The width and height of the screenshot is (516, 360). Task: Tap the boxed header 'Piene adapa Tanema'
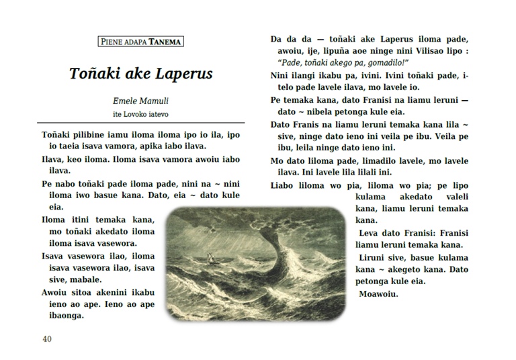coord(140,42)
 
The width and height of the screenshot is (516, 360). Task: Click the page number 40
coord(46,339)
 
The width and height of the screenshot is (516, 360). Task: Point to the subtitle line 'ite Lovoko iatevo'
coord(140,112)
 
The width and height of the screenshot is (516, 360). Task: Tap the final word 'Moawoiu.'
coord(380,294)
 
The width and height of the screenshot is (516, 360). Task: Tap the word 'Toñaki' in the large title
coord(95,73)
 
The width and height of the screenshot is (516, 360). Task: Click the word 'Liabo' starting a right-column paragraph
coord(284,185)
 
